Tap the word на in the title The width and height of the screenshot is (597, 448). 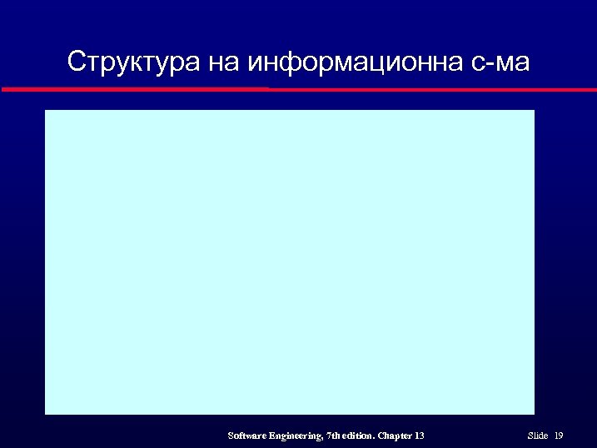pyautogui.click(x=220, y=62)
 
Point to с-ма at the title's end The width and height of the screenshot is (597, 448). pyautogui.click(x=500, y=62)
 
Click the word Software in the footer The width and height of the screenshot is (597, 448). pyautogui.click(x=247, y=436)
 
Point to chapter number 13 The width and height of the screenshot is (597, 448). pyautogui.click(x=420, y=436)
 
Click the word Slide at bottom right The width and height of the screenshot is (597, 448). pyautogui.click(x=538, y=436)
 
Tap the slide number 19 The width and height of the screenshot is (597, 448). pyautogui.click(x=559, y=436)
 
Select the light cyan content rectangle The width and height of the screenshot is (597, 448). pyautogui.click(x=289, y=261)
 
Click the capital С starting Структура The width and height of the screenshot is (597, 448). pyautogui.click(x=76, y=62)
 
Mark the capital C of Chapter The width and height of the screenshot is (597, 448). pyautogui.click(x=382, y=436)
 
